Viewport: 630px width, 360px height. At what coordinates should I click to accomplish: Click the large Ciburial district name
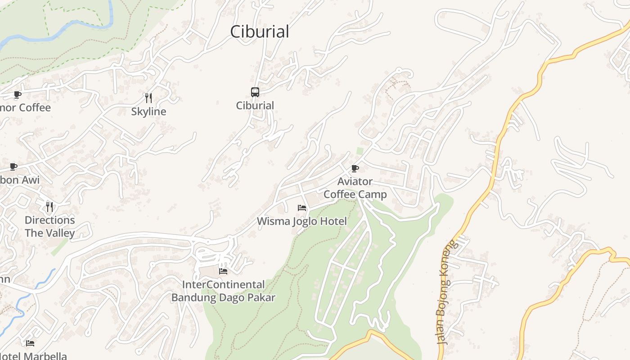point(259,31)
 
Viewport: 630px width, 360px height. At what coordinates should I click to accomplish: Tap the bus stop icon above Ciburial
point(255,92)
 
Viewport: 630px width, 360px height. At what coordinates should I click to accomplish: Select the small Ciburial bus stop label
point(255,106)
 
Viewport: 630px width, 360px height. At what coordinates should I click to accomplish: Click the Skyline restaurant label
point(148,112)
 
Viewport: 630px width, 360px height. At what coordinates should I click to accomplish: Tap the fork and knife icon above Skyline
point(148,98)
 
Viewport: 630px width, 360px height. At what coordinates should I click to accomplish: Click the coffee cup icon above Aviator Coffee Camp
point(355,169)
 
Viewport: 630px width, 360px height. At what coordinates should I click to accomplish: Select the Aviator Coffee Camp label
point(355,188)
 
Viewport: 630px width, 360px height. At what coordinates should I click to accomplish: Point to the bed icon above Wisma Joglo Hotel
point(302,208)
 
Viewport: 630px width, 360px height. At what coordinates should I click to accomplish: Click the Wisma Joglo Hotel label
point(302,221)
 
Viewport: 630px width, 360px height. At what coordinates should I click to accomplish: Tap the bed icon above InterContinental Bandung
point(223,271)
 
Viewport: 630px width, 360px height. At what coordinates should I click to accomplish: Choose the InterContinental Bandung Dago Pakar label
point(223,291)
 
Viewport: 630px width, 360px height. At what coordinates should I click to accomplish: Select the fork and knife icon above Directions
point(49,207)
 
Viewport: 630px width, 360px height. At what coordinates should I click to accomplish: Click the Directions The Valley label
point(49,226)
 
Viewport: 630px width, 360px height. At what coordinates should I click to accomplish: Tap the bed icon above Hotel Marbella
point(30,343)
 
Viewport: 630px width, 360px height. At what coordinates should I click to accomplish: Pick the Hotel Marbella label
point(34,356)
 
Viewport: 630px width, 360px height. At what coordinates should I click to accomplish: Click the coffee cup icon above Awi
point(13,166)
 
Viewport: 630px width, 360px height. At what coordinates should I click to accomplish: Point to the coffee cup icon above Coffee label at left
point(17,94)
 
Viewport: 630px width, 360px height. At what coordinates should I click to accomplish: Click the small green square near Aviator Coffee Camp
point(360,151)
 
